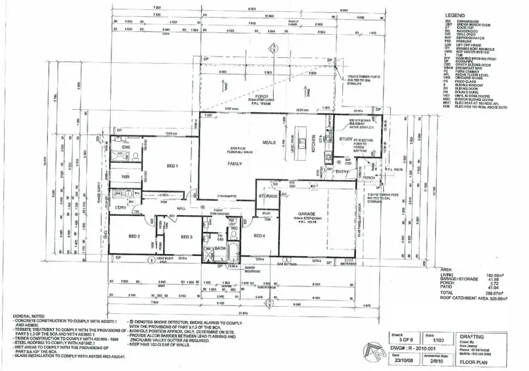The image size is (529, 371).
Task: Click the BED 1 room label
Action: click(172, 165)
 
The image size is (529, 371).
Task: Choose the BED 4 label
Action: click(259, 236)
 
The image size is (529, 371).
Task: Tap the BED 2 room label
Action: click(135, 236)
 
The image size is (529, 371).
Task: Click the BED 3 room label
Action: click(186, 236)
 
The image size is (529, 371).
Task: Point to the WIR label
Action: click(126, 176)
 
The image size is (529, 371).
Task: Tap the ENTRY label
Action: click(342, 171)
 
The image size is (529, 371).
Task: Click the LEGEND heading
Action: click(455, 14)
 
